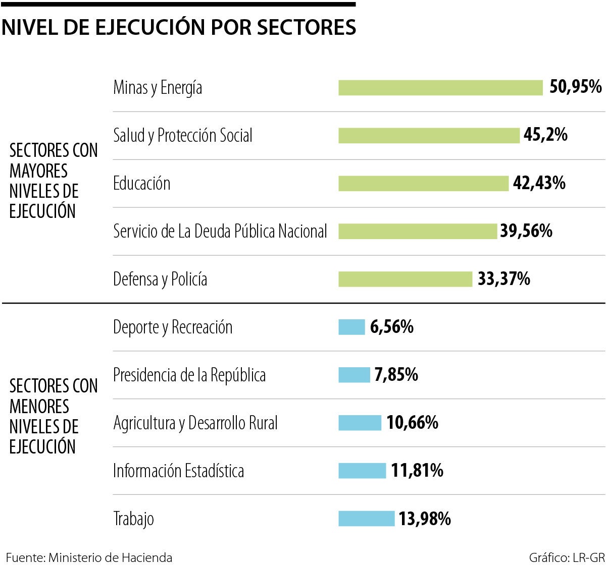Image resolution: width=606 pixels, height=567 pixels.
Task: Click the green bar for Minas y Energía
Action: [x=440, y=88]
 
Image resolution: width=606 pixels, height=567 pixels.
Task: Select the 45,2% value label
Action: [x=545, y=135]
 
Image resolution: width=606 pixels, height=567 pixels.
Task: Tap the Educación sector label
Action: [x=142, y=183]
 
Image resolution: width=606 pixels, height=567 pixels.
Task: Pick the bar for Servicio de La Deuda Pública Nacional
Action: [x=418, y=232]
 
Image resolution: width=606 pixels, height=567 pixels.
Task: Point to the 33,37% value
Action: [x=504, y=279]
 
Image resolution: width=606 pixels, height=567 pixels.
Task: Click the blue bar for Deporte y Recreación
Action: [x=351, y=327]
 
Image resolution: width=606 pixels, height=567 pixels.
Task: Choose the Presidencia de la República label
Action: [x=189, y=375]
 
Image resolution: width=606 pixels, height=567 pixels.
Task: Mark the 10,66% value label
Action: [x=412, y=423]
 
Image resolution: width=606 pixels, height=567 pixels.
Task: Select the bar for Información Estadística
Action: [x=362, y=471]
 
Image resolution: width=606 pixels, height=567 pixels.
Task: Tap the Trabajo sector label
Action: [x=134, y=519]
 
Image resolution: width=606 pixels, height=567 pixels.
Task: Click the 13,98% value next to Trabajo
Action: [x=425, y=519]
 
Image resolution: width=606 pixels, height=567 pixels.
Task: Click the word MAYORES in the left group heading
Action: [x=38, y=171]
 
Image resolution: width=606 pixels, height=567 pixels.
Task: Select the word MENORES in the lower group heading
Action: [x=39, y=407]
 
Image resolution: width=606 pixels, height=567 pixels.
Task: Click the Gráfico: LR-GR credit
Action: [x=567, y=557]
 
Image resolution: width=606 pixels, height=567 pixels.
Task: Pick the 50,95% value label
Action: [x=575, y=87]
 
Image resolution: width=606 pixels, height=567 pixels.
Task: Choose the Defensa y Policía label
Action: [x=160, y=279]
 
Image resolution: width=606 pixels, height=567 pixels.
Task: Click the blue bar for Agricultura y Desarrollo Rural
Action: [x=360, y=423]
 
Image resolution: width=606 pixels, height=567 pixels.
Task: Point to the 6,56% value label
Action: [x=391, y=327]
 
